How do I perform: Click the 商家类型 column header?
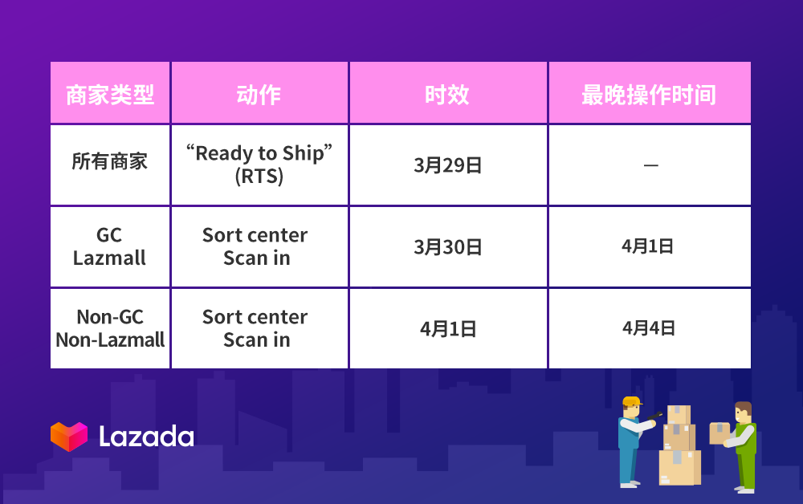click(x=110, y=95)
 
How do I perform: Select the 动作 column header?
click(x=259, y=95)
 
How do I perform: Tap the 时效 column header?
click(x=447, y=95)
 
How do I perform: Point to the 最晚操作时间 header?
click(x=649, y=95)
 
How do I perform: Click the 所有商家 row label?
click(x=109, y=161)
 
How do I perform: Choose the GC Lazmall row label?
click(x=109, y=246)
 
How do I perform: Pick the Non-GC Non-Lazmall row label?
click(x=110, y=328)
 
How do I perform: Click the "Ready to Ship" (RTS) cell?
click(x=259, y=165)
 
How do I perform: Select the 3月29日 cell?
click(x=447, y=165)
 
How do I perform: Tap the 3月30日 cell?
click(x=447, y=247)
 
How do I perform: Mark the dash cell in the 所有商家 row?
click(x=651, y=165)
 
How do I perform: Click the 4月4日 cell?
click(x=649, y=328)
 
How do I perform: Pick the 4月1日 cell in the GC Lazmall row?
click(x=648, y=246)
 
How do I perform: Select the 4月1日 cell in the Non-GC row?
click(x=448, y=329)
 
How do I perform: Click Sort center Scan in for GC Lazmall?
click(x=255, y=246)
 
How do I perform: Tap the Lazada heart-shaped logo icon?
click(x=69, y=437)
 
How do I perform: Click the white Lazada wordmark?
click(x=146, y=437)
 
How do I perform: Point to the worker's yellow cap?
click(x=632, y=401)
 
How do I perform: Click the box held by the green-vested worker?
click(x=719, y=433)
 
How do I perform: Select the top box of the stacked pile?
click(x=679, y=414)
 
